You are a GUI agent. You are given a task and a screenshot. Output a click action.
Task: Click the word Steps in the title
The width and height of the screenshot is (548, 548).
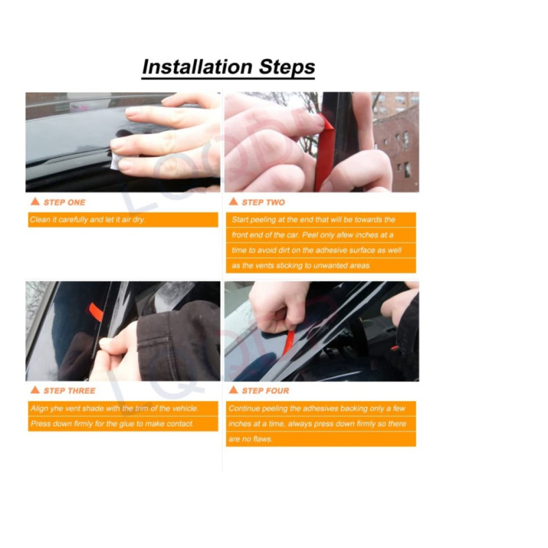pyautogui.click(x=286, y=67)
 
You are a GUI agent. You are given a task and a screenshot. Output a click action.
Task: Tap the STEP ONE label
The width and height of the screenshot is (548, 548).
pyautogui.click(x=64, y=202)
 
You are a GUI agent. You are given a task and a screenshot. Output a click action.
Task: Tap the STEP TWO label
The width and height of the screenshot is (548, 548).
pyautogui.click(x=263, y=202)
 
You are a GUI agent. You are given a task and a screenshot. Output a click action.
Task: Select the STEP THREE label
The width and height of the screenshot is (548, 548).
pyautogui.click(x=69, y=390)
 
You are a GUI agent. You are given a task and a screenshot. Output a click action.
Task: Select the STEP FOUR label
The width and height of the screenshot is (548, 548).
pyautogui.click(x=265, y=390)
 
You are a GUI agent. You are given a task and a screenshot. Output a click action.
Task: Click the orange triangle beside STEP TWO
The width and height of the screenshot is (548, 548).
pyautogui.click(x=233, y=202)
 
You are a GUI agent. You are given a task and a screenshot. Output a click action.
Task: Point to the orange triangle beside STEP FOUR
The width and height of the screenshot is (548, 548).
pyautogui.click(x=233, y=390)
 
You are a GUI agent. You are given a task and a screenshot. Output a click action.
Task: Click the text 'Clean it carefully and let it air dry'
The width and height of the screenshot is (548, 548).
pyautogui.click(x=88, y=220)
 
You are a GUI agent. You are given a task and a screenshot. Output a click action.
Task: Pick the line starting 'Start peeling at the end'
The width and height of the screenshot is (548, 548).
pyautogui.click(x=313, y=220)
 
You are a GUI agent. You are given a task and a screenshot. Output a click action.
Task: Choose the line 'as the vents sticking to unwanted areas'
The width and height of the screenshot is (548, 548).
pyautogui.click(x=301, y=266)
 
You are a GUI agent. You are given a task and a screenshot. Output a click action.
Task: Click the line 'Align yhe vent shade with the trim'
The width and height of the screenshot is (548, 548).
pyautogui.click(x=114, y=408)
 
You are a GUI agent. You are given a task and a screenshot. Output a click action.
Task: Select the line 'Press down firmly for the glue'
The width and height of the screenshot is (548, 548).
pyautogui.click(x=112, y=424)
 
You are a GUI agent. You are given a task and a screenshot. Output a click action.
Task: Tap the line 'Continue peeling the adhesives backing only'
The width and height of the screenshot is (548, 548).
pyautogui.click(x=317, y=408)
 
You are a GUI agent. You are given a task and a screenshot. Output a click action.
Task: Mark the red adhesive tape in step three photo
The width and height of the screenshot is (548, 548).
pyautogui.click(x=95, y=312)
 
